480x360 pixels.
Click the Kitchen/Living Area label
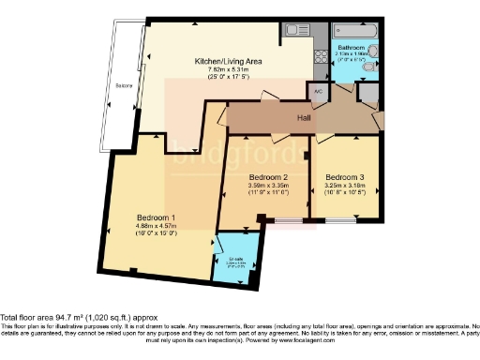227,61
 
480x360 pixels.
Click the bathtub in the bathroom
356,30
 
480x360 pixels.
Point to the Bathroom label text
352,47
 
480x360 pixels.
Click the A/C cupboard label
317,92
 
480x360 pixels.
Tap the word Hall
305,119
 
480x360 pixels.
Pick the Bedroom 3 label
344,176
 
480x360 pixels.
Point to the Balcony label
124,86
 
